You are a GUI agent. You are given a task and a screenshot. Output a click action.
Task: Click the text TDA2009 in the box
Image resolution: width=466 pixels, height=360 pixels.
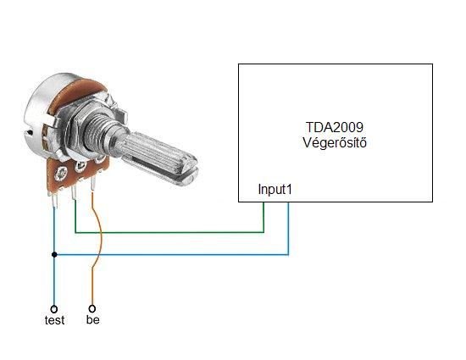(x=335, y=127)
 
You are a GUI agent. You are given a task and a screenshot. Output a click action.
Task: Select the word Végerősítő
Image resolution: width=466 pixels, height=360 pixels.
(x=335, y=142)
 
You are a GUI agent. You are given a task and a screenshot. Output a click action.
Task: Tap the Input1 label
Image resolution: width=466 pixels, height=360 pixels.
(x=275, y=189)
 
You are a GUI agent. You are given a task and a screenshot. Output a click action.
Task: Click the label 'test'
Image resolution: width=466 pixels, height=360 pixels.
(x=55, y=320)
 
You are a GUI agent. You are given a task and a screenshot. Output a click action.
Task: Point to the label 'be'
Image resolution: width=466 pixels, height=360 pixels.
(x=92, y=319)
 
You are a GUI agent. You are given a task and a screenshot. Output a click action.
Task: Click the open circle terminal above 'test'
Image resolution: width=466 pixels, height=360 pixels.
(x=53, y=309)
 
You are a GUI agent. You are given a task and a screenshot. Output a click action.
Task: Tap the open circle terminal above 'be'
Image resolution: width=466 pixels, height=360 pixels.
(x=92, y=309)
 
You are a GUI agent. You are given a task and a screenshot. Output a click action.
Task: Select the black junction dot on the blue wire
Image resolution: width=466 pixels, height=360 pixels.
(x=54, y=255)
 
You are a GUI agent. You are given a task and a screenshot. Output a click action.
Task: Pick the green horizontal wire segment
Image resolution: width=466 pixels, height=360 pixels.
(x=169, y=232)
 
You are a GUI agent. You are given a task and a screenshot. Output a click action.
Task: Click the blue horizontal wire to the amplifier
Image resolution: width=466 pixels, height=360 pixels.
(x=171, y=255)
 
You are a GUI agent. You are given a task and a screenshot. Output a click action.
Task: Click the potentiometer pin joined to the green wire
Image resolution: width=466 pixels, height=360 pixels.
(x=74, y=193)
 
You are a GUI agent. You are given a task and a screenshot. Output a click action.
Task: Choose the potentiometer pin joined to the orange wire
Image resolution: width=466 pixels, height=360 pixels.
(x=93, y=184)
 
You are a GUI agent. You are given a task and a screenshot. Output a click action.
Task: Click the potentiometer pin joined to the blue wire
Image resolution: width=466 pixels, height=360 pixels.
(x=54, y=201)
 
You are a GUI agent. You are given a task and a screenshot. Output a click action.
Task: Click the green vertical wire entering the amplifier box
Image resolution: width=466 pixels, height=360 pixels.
(x=264, y=217)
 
